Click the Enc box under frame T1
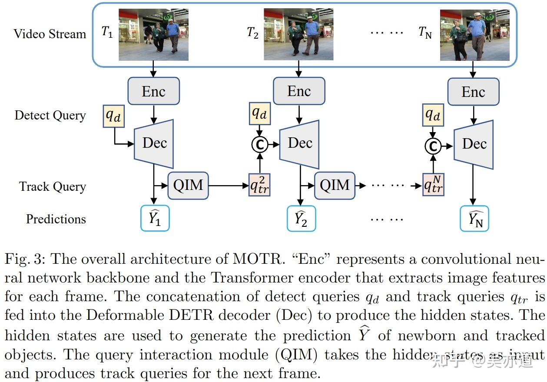tap(153, 91)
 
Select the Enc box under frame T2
tap(299, 91)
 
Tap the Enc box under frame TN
tap(473, 92)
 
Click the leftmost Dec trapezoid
tap(154, 143)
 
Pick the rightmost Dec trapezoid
tap(474, 144)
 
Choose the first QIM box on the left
tap(188, 186)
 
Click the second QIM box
tap(335, 186)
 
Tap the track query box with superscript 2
tap(260, 185)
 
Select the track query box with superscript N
tap(433, 185)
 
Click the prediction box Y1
tap(155, 219)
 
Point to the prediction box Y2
tap(301, 219)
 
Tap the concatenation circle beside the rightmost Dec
tap(433, 146)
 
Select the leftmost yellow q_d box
tap(114, 116)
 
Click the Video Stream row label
tap(50, 34)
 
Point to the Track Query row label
tap(53, 187)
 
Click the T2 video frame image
tap(298, 34)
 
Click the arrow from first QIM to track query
tap(228, 186)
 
